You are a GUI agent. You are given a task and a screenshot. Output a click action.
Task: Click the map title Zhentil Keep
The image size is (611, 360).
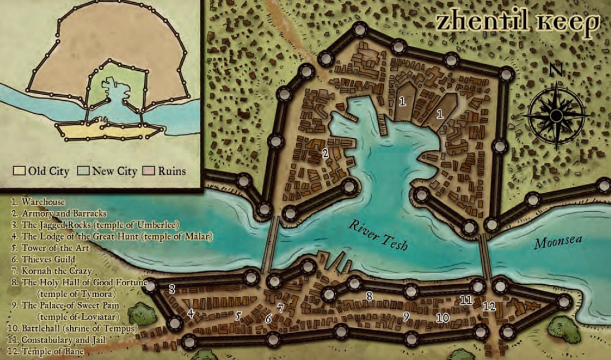[517, 22]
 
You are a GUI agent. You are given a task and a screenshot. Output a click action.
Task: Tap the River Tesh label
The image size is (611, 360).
[379, 234]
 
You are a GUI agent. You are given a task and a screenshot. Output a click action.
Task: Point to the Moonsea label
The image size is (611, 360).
[558, 242]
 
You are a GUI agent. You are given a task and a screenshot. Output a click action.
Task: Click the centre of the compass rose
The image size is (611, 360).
[556, 115]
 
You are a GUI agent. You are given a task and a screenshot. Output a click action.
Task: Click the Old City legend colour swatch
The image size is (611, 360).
[19, 171]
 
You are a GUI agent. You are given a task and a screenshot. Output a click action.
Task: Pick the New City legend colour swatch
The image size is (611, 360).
[83, 171]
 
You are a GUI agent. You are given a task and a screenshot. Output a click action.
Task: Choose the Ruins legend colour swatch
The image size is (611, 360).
[149, 171]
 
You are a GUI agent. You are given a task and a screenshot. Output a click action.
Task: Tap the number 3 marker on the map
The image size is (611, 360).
[172, 289]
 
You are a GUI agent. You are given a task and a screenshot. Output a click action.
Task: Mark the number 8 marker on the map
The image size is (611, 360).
[369, 296]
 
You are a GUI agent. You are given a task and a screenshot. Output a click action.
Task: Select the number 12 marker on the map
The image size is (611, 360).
[489, 306]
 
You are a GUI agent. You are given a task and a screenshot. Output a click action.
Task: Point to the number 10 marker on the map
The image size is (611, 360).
[443, 318]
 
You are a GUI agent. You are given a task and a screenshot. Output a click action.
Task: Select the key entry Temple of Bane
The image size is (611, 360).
[52, 352]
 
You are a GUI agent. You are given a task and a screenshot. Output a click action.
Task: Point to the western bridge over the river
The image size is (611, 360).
[271, 244]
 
